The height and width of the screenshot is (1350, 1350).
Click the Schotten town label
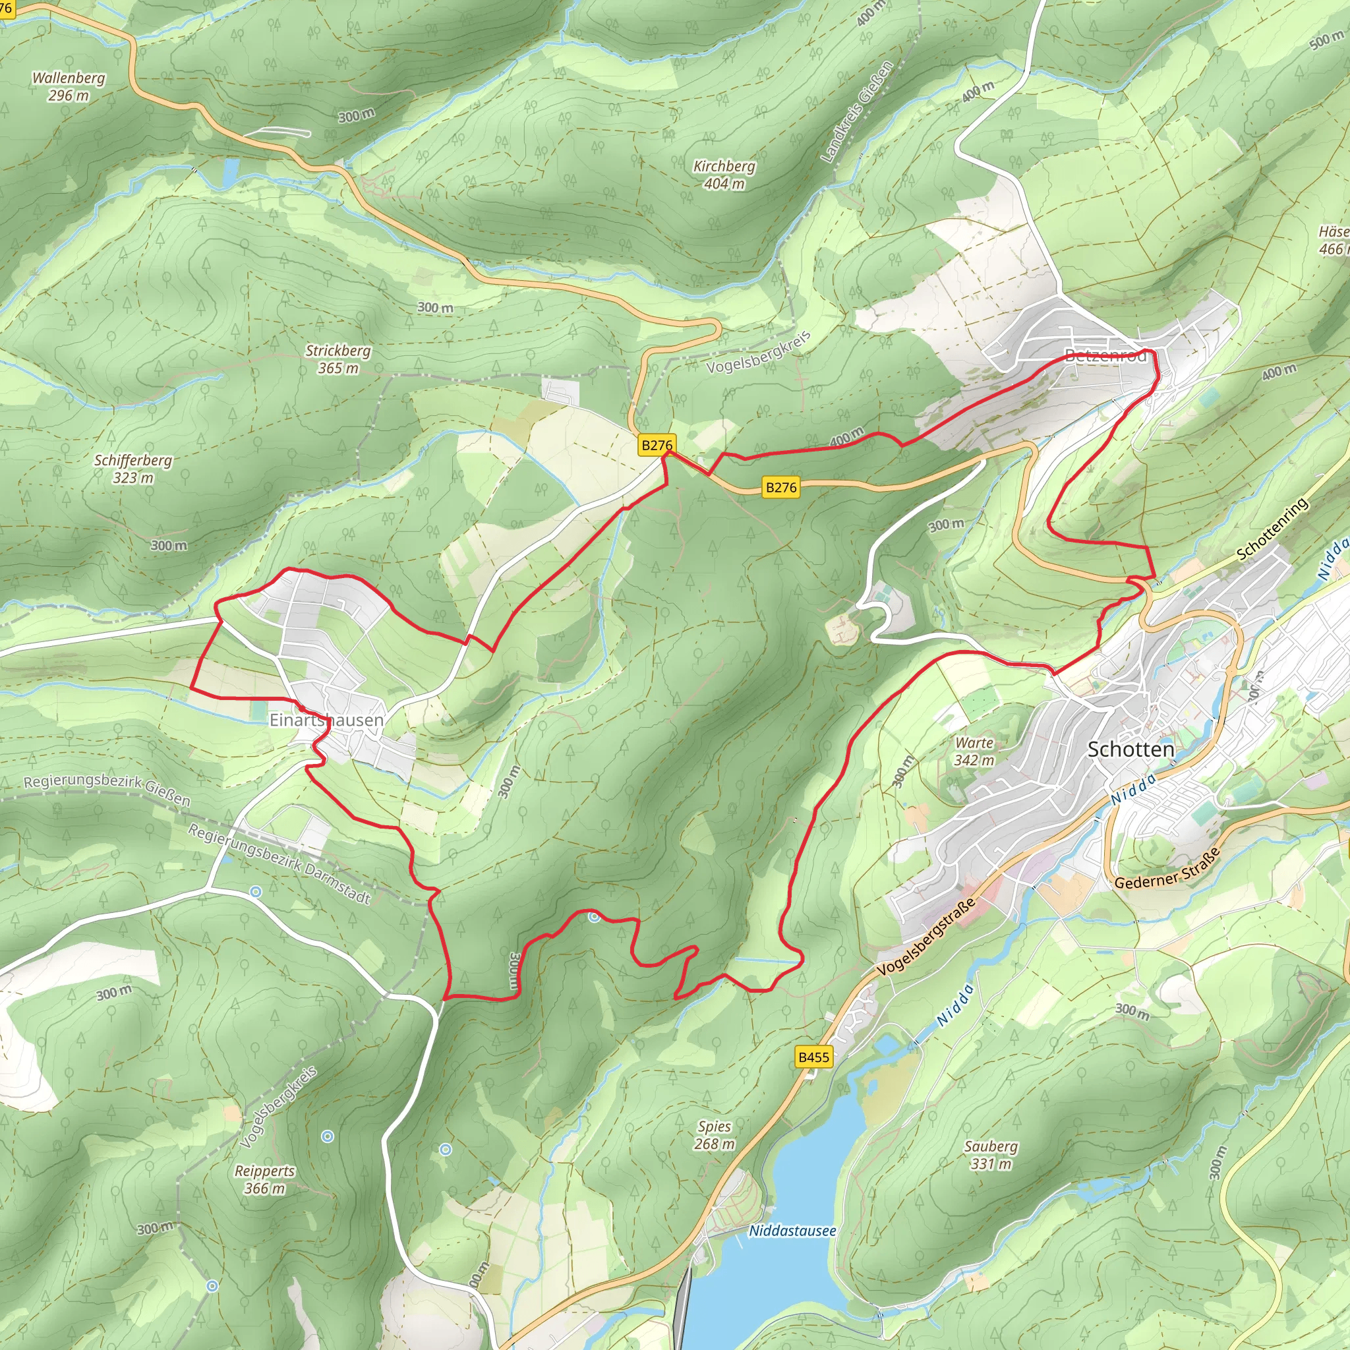click(1130, 749)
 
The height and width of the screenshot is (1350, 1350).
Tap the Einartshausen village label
click(326, 720)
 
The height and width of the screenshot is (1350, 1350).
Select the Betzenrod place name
click(1105, 356)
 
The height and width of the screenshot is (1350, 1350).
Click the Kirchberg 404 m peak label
click(724, 175)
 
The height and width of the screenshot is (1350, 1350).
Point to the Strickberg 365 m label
click(337, 359)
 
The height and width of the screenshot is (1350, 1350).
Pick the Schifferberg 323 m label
click(132, 469)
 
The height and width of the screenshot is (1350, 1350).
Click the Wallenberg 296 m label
click(69, 86)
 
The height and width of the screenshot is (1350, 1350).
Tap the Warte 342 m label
click(974, 751)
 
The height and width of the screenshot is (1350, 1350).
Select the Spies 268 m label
click(714, 1135)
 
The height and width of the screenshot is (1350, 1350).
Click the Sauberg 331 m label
click(991, 1154)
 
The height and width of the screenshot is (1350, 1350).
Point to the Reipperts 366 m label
click(264, 1179)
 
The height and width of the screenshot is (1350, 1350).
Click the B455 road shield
click(814, 1057)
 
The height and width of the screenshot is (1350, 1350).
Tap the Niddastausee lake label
click(792, 1231)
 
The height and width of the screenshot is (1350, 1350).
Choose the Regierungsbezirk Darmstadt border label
click(279, 864)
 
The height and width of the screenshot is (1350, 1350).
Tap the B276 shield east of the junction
click(781, 487)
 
